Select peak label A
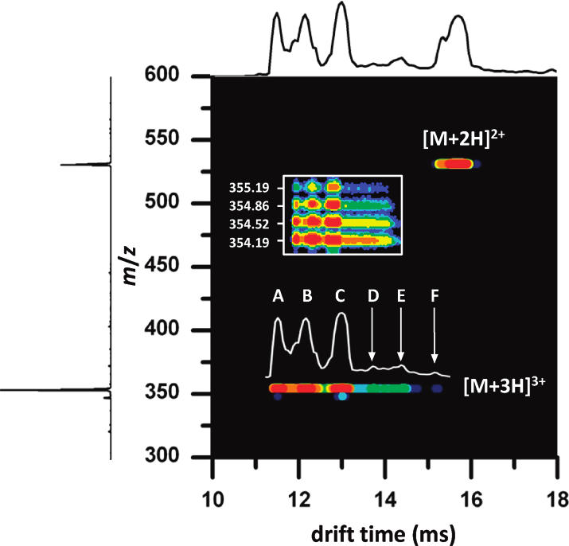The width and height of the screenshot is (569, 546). coord(278,296)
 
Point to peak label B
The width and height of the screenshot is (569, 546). coord(307,296)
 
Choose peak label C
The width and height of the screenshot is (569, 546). coord(341,296)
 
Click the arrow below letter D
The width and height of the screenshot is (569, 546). coord(372,334)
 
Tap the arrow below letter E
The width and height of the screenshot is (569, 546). coord(401,334)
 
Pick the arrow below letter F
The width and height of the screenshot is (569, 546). coord(435,334)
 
